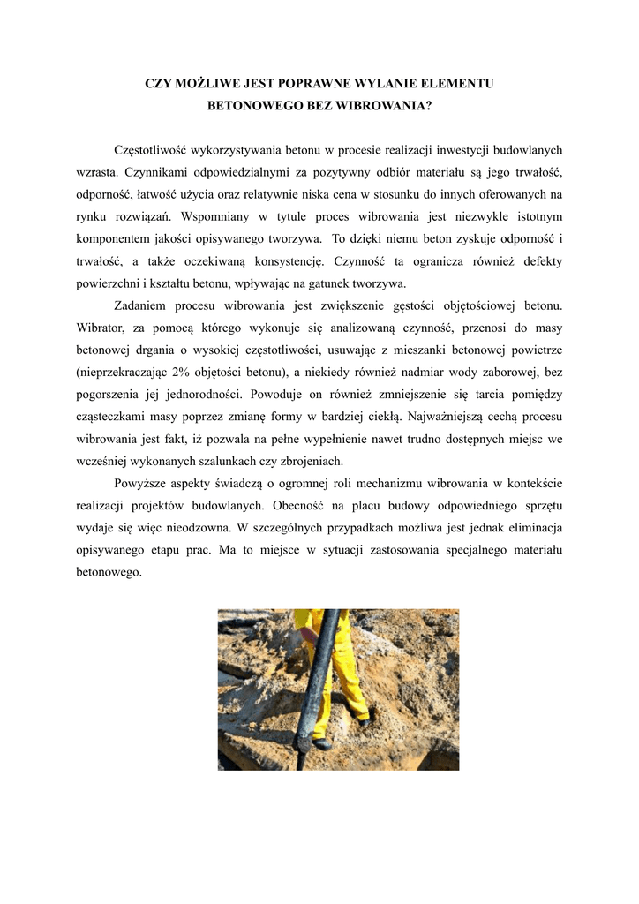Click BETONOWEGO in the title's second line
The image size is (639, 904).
coord(253,104)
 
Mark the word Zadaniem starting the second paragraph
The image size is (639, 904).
coord(142,305)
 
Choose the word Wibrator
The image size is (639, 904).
coord(101,328)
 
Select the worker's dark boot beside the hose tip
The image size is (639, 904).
coord(323,743)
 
